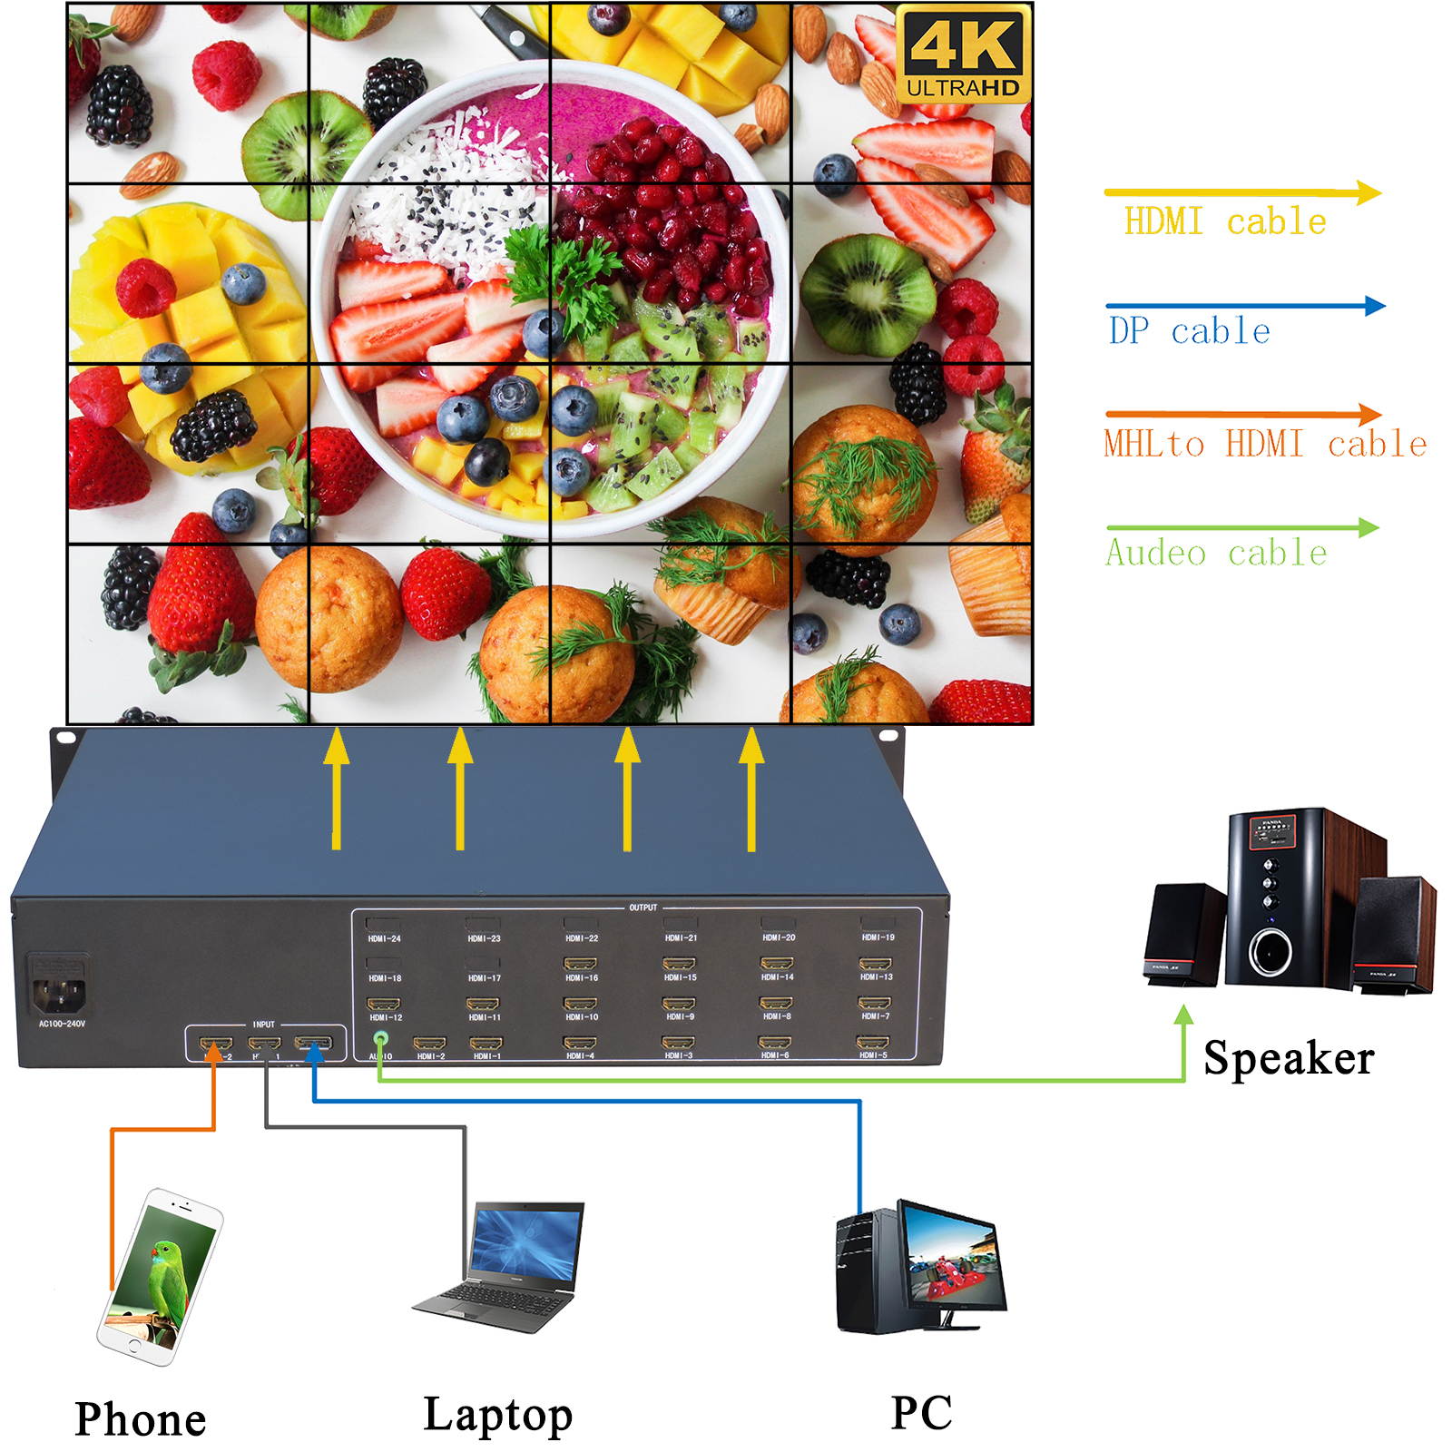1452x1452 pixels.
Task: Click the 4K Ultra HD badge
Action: click(x=963, y=53)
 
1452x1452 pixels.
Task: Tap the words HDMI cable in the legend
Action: click(x=1224, y=221)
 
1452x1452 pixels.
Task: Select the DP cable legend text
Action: click(x=1189, y=331)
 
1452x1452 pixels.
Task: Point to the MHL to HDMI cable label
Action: click(x=1265, y=444)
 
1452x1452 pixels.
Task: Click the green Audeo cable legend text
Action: click(x=1216, y=553)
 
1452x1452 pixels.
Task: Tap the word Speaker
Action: click(x=1288, y=1058)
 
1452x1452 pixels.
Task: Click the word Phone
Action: click(x=141, y=1418)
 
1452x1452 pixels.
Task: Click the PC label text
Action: click(x=921, y=1412)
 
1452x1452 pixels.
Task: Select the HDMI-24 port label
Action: click(x=384, y=938)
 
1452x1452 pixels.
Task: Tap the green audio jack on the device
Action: click(x=381, y=1043)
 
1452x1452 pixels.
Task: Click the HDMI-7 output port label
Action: click(x=876, y=1016)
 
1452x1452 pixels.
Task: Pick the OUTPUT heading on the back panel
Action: click(x=643, y=907)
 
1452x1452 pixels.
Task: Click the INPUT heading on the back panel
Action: click(x=263, y=1024)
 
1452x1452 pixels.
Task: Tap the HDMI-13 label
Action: click(x=876, y=977)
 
